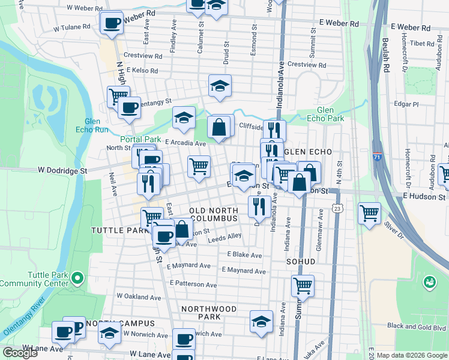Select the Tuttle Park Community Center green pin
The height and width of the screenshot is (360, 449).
(77, 278)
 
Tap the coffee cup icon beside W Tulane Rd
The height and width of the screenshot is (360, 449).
(111, 23)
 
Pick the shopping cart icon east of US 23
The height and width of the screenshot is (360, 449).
(369, 214)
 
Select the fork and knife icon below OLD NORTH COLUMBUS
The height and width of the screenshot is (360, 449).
(259, 207)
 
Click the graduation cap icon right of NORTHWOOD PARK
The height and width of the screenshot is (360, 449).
(261, 322)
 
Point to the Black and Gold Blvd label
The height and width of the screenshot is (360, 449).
(416, 326)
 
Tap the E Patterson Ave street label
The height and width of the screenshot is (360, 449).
(194, 283)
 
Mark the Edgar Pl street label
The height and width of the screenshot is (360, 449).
(406, 104)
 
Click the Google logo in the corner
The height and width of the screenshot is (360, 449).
(20, 352)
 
